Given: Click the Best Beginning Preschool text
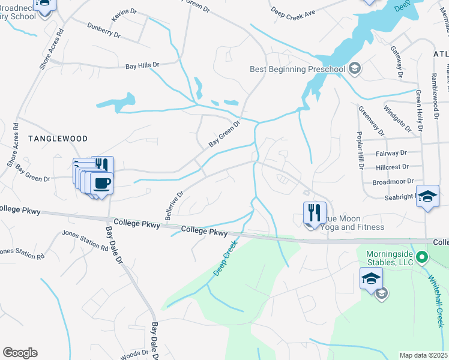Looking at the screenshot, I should pyautogui.click(x=297, y=69).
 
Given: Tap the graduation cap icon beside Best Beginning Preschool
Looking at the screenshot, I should pyautogui.click(x=355, y=68).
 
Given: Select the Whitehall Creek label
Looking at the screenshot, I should pyautogui.click(x=438, y=300).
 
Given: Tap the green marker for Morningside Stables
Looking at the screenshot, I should pyautogui.click(x=422, y=258).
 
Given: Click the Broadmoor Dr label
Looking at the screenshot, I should pyautogui.click(x=393, y=181).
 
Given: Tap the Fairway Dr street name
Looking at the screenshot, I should pyautogui.click(x=391, y=153).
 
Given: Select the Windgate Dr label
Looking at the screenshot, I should pyautogui.click(x=397, y=119).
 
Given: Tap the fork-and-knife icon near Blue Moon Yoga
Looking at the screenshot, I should pyautogui.click(x=312, y=212).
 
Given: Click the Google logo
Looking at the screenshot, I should pyautogui.click(x=20, y=353).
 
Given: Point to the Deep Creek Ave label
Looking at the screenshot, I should pyautogui.click(x=292, y=12).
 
